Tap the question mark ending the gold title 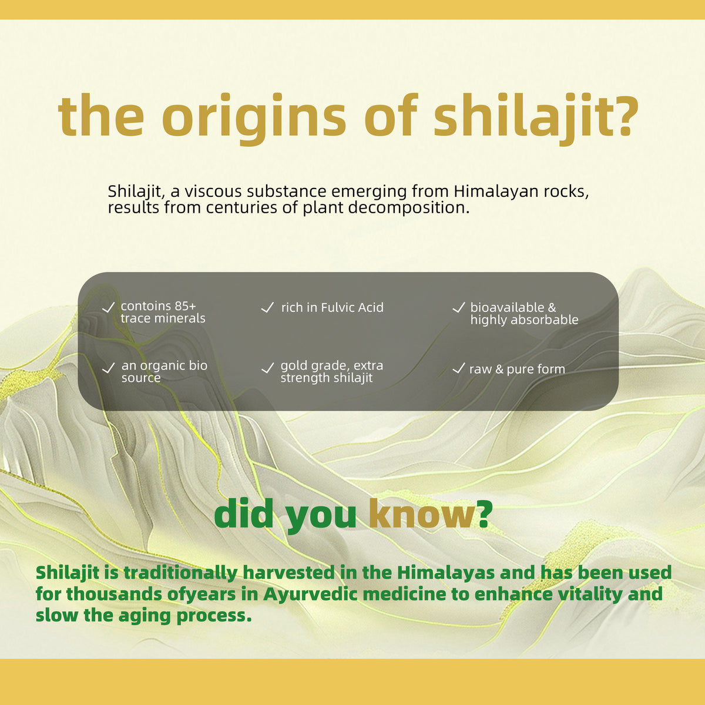[x=624, y=115]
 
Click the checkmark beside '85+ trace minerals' [x=108, y=307]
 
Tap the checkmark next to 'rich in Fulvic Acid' [x=267, y=307]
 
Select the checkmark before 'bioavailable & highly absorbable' [x=459, y=307]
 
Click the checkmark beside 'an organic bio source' [x=108, y=368]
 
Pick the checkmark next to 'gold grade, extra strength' [x=267, y=368]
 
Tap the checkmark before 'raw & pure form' [x=459, y=368]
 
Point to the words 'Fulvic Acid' [x=352, y=308]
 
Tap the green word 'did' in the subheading [x=244, y=513]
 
